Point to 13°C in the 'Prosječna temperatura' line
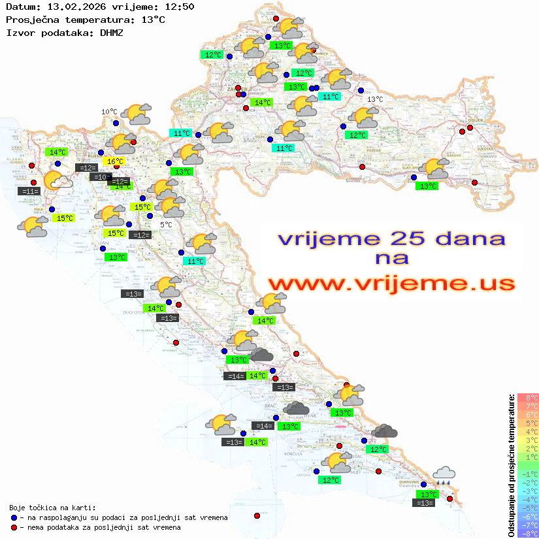153,20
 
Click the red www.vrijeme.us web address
391,284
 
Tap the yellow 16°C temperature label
115,161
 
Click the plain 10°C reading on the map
108,112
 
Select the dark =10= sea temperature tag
101,176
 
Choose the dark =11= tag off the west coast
30,191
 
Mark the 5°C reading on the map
166,225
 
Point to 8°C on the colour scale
528,397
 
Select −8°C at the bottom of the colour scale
527,533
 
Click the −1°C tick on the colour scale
527,474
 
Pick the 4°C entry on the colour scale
528,431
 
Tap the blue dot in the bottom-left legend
14,517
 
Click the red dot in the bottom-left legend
14,527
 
